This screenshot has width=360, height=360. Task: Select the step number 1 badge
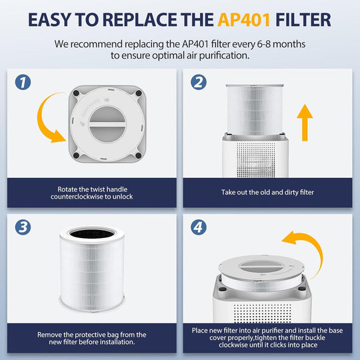(23, 82)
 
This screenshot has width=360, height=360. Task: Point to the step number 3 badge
(23, 227)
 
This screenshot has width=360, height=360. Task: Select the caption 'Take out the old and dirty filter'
(267, 192)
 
